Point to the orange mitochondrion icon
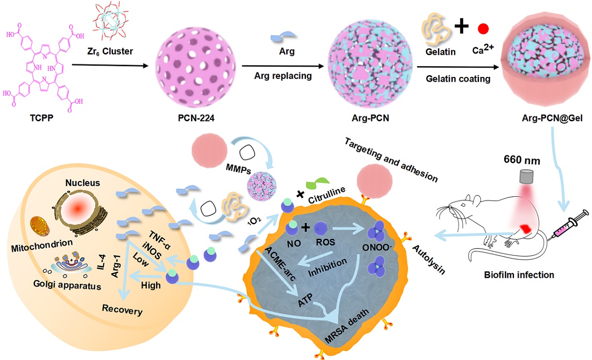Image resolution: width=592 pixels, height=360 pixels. pyautogui.click(x=41, y=224)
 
